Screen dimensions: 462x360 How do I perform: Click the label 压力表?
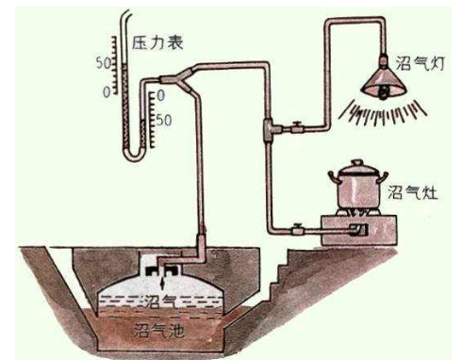pos(157,42)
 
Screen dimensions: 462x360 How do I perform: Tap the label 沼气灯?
pos(420,63)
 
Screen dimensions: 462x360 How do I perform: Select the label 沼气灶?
pos(412,191)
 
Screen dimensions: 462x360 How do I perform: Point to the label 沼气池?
pos(158,330)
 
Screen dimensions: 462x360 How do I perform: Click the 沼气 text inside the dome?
pos(160,302)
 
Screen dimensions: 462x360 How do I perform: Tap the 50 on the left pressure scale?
pos(104,63)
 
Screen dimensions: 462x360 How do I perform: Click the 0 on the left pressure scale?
pos(107,92)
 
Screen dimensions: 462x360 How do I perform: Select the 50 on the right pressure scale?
pos(164,120)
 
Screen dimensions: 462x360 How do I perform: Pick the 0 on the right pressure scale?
pos(160,95)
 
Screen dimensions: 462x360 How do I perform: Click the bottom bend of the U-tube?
pos(134,156)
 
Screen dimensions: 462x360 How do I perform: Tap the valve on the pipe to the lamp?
pos(297,127)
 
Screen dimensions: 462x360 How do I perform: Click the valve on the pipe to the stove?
pos(297,230)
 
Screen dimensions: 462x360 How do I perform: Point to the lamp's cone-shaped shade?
pos(384,82)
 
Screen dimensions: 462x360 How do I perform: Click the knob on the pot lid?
pos(357,162)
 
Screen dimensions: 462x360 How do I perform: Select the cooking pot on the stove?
pos(358,186)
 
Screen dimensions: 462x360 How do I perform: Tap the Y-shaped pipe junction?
pos(182,78)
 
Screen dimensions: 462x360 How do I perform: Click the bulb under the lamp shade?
pos(384,92)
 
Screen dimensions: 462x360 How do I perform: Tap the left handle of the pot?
pos(333,177)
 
